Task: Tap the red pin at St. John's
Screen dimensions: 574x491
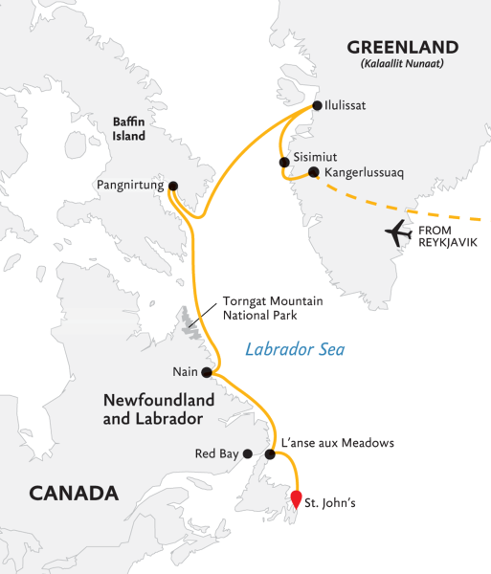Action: [x=297, y=498]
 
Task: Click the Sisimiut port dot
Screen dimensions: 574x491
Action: [x=284, y=163]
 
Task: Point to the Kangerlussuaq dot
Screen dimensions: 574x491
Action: [x=313, y=173]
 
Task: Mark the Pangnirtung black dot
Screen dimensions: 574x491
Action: [x=173, y=186]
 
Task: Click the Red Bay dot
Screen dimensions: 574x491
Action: [x=247, y=454]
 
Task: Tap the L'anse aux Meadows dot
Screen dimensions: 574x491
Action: [x=271, y=454]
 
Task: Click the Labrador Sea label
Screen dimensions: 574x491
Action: [x=295, y=350]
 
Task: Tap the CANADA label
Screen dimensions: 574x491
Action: [x=74, y=494]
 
